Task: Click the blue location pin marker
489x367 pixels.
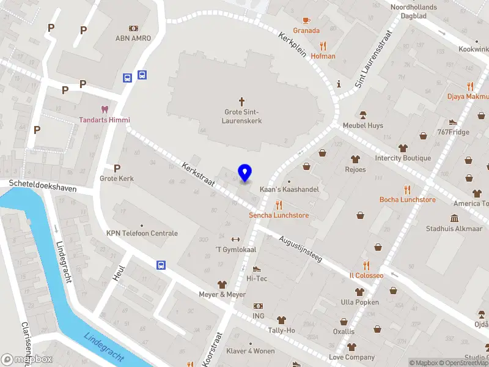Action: point(245,173)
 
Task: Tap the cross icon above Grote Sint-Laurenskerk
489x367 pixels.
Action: point(241,101)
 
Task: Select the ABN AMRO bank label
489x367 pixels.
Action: point(133,38)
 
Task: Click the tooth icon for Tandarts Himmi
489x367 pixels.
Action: point(104,109)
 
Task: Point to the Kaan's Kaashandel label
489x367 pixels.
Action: point(289,190)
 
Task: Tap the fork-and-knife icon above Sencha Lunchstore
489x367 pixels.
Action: point(279,205)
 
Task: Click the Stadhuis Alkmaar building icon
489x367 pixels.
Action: point(455,218)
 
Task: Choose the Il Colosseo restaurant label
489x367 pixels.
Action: point(366,275)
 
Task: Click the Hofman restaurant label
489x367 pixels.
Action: point(323,56)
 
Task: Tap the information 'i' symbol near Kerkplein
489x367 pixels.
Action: point(338,84)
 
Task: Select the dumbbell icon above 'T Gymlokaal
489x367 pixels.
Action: point(235,239)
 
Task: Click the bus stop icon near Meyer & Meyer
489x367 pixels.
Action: point(161,265)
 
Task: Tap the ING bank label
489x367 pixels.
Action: point(259,316)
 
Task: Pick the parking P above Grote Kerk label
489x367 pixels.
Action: point(117,168)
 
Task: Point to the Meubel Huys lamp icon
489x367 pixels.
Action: point(362,114)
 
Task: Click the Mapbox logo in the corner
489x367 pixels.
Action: point(27,360)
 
